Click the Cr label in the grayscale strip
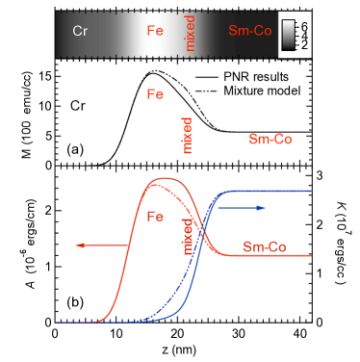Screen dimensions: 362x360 pos(81,31)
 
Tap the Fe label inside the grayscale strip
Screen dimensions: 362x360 pos(155,31)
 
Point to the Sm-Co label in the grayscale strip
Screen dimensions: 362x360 pos(249,31)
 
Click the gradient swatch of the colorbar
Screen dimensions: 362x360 pos(286,33)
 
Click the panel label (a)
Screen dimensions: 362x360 pos(75,149)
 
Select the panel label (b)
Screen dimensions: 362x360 pos(75,301)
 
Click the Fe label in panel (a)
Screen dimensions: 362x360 pos(155,94)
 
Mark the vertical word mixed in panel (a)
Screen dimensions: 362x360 pos(188,136)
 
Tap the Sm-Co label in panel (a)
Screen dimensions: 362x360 pos(270,140)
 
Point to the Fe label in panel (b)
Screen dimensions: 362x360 pos(155,217)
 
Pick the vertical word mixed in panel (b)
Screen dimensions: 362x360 pos(188,236)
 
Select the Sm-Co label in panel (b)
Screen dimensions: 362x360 pos(264,247)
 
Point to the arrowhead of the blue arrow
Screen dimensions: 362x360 pos(261,207)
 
